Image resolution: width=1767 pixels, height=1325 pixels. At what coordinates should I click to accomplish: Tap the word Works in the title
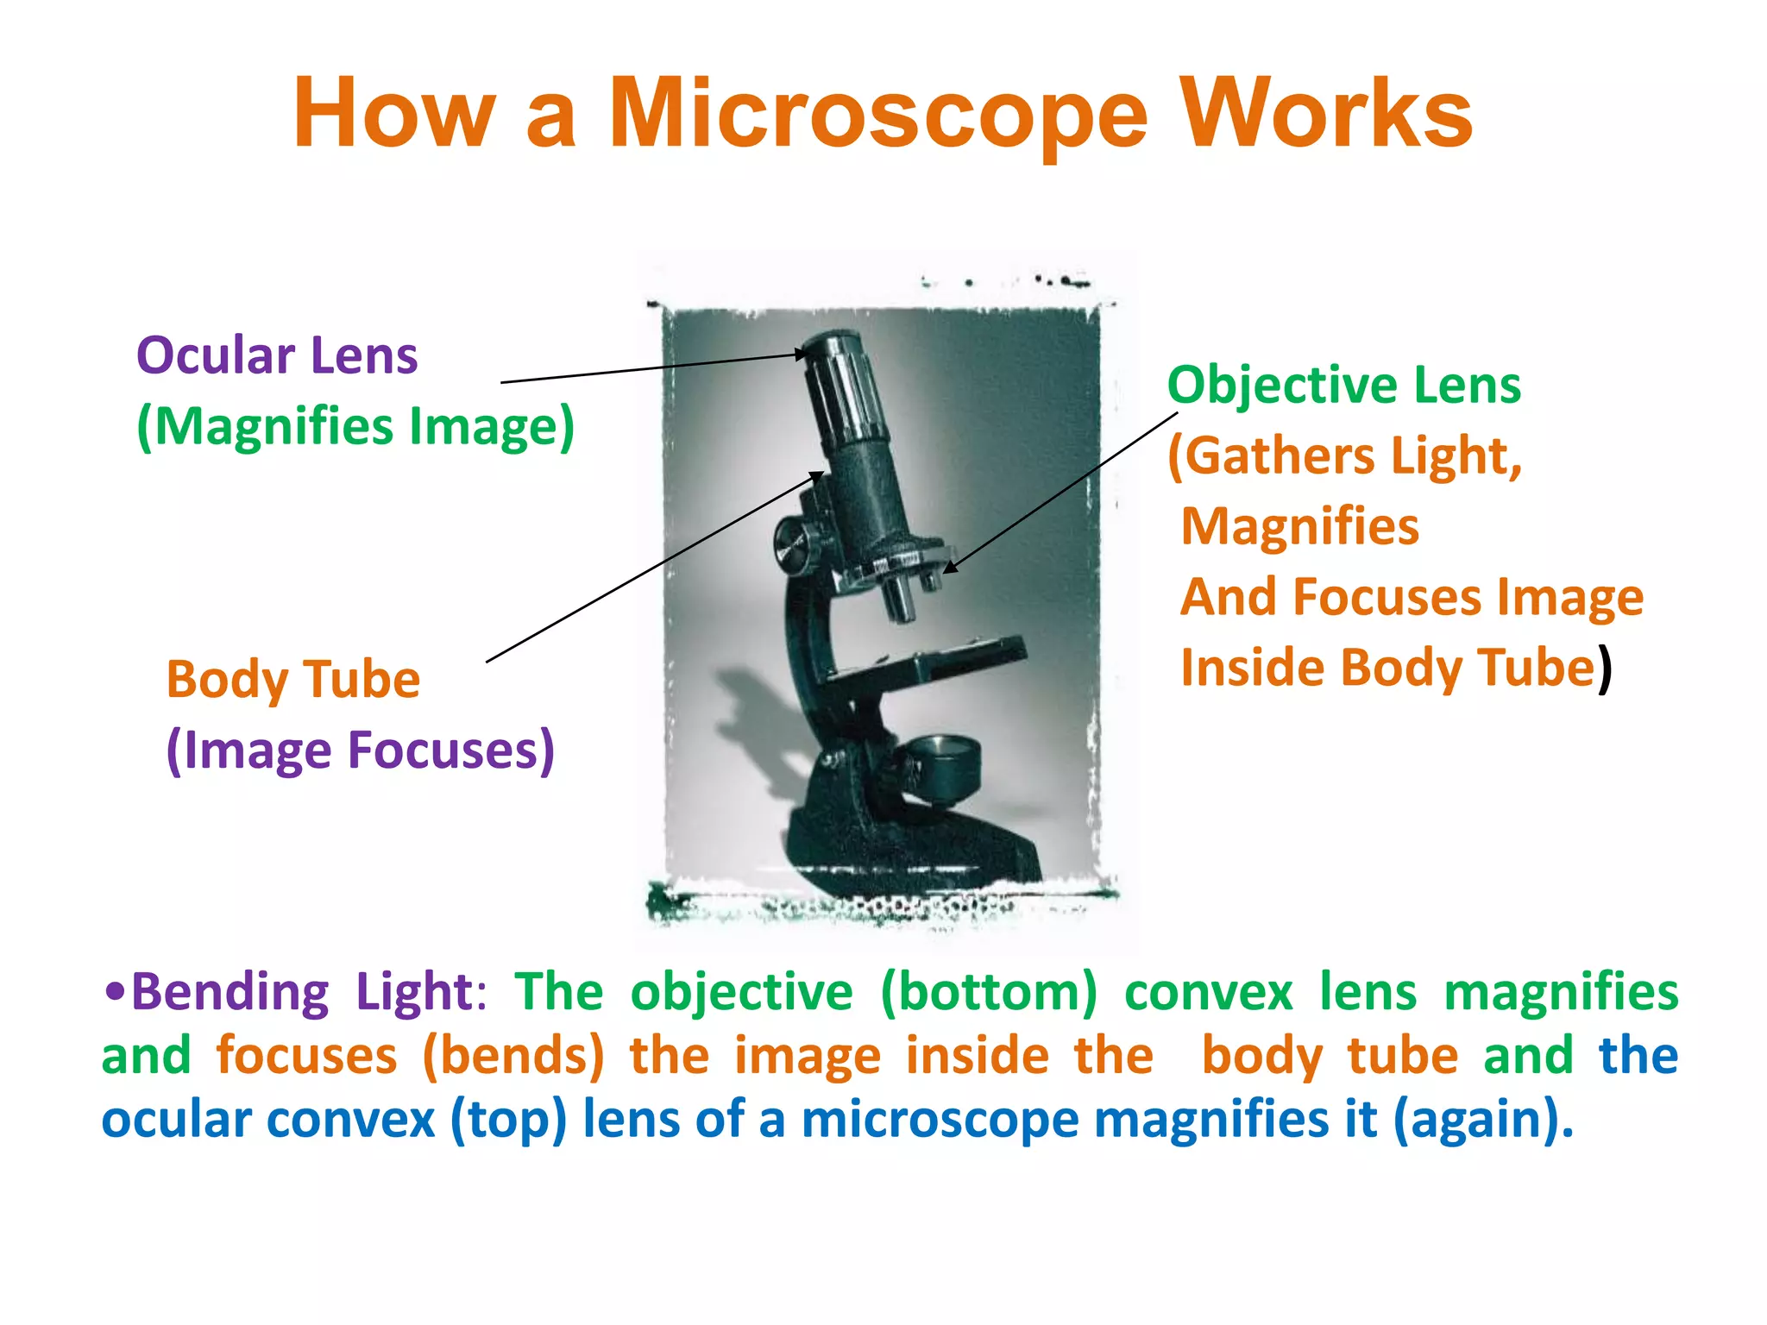(x=1326, y=114)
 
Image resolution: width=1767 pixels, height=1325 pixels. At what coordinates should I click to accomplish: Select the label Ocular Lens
(x=277, y=356)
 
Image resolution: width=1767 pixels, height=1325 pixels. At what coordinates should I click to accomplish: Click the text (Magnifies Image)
(x=355, y=427)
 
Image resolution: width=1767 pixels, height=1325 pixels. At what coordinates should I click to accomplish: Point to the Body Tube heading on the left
(x=293, y=680)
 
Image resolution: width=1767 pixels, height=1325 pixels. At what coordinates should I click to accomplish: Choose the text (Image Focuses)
(x=360, y=750)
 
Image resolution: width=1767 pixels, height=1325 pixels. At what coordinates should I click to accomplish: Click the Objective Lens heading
(x=1343, y=385)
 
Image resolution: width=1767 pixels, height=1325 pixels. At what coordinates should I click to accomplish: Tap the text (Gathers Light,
(x=1344, y=455)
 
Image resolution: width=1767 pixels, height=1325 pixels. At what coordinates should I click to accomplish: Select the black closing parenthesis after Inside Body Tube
(x=1605, y=669)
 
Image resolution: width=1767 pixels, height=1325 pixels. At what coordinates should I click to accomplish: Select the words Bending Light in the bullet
(x=302, y=992)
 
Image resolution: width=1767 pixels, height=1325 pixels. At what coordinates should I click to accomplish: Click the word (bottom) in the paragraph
(x=989, y=992)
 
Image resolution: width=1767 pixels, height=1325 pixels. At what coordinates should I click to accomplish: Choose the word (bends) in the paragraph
(x=513, y=1056)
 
